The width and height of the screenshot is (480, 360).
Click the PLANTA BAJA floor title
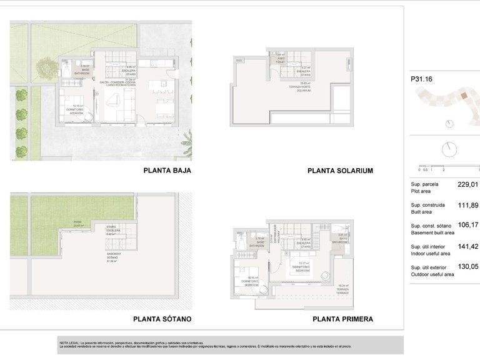(167, 170)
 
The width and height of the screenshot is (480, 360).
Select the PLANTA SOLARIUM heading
(341, 171)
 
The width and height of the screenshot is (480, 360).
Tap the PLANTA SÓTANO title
(162, 319)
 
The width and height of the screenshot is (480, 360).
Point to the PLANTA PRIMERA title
(342, 319)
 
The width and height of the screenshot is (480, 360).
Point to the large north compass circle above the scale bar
(449, 150)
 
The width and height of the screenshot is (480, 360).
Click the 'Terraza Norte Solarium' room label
(304, 88)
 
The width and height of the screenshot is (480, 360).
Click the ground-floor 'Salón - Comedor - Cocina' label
(130, 83)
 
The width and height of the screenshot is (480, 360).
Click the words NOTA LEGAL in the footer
(68, 342)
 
